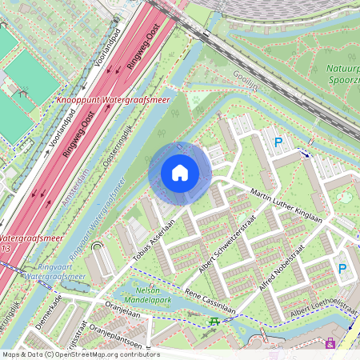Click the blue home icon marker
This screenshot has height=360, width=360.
tap(180, 173)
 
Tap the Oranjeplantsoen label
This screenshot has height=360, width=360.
tap(115, 337)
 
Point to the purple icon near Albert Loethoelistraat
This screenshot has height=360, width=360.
tap(330, 343)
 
